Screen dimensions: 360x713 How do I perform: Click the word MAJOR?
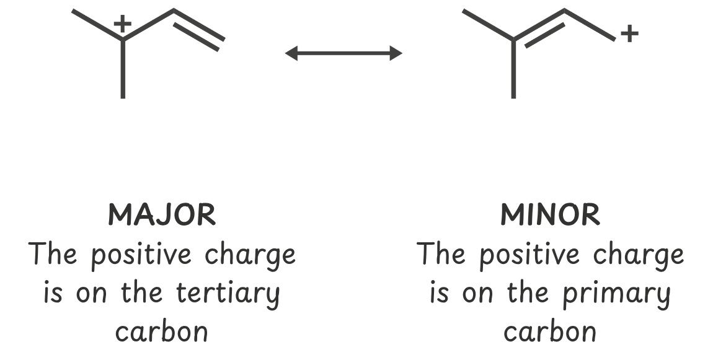pyautogui.click(x=162, y=215)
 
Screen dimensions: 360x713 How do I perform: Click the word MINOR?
pyautogui.click(x=550, y=215)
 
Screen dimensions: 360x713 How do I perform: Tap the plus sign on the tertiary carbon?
pyautogui.click(x=123, y=24)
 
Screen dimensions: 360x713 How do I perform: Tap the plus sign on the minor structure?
pyautogui.click(x=629, y=33)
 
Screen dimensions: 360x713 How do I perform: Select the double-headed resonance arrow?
pyautogui.click(x=343, y=54)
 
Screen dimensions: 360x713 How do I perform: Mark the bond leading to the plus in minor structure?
pyautogui.click(x=590, y=25)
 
